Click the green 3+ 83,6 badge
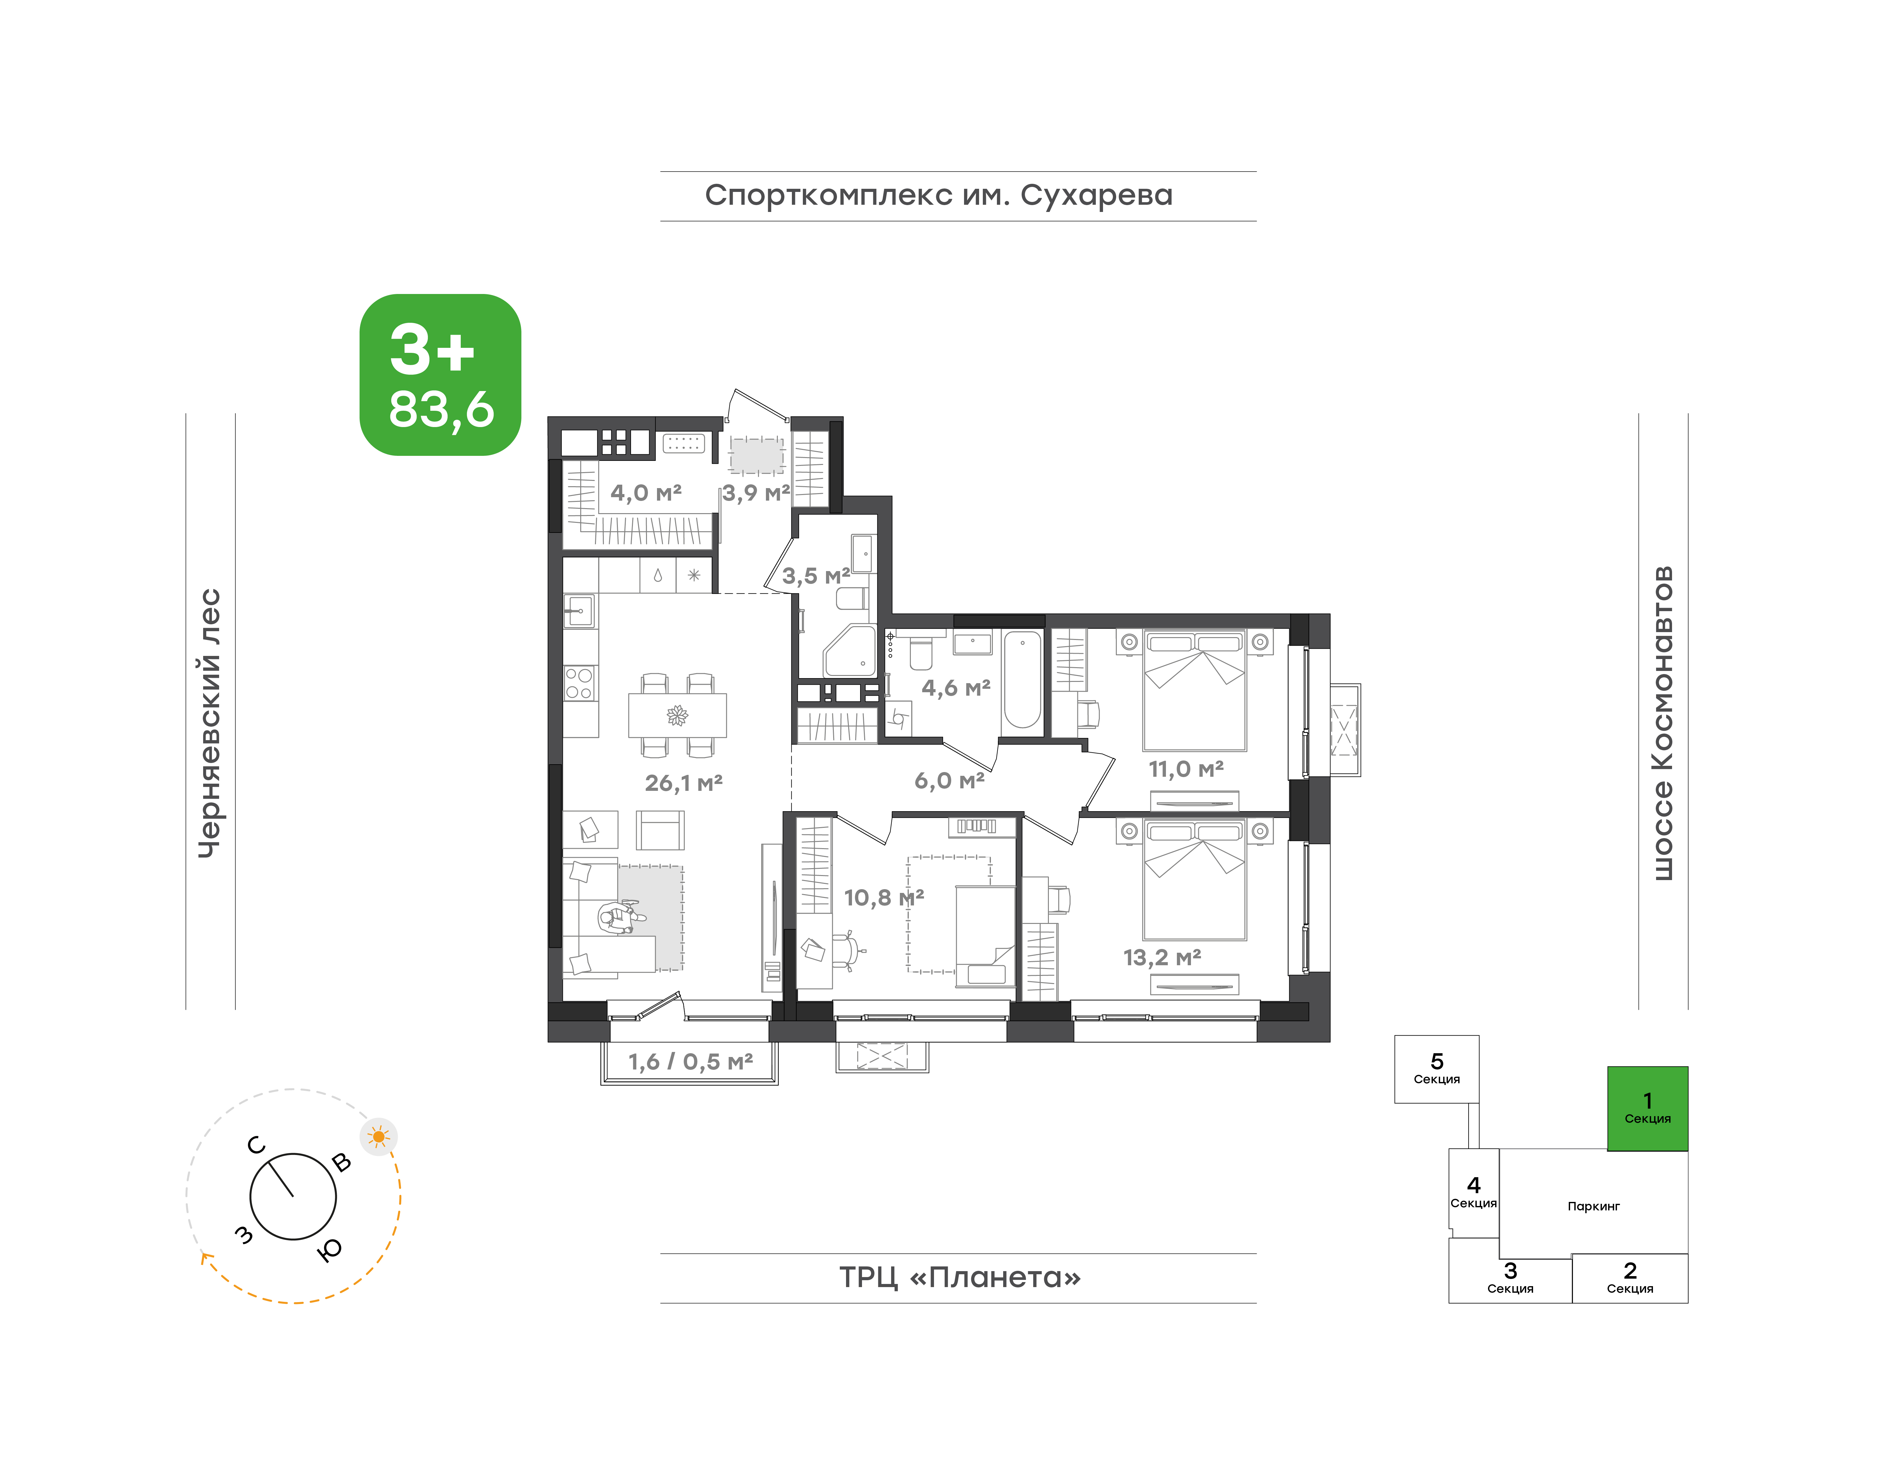[x=440, y=374]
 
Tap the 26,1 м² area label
[x=683, y=783]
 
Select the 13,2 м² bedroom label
[x=1162, y=957]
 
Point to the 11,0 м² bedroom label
[x=1186, y=768]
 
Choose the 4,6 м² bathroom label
[x=956, y=688]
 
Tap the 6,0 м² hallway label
[x=949, y=781]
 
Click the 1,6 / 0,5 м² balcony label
[x=690, y=1061]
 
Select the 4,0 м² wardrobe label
[x=646, y=493]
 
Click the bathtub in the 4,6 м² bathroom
[x=1022, y=680]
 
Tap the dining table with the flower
[x=677, y=714]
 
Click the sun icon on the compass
[x=379, y=1136]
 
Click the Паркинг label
[x=1593, y=1207]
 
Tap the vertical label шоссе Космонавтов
[x=1662, y=723]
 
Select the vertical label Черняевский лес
[x=210, y=723]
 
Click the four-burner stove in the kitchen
[x=579, y=683]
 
